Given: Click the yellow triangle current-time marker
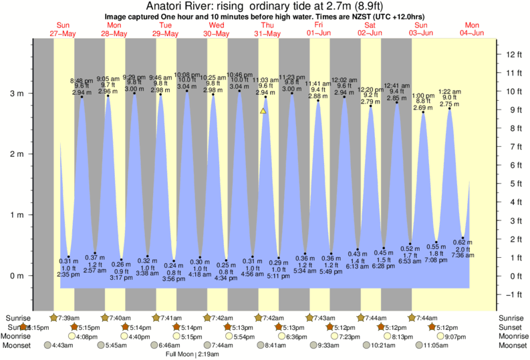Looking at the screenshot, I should [263, 110].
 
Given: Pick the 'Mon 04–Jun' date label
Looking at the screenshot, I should [471, 29].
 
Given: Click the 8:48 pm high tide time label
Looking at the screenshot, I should [82, 80].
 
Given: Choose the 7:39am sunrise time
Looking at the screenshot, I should [70, 318].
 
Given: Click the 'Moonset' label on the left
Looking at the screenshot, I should [18, 345].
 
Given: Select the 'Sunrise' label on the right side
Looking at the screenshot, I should [512, 318].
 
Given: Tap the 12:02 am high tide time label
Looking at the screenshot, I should [344, 80].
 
